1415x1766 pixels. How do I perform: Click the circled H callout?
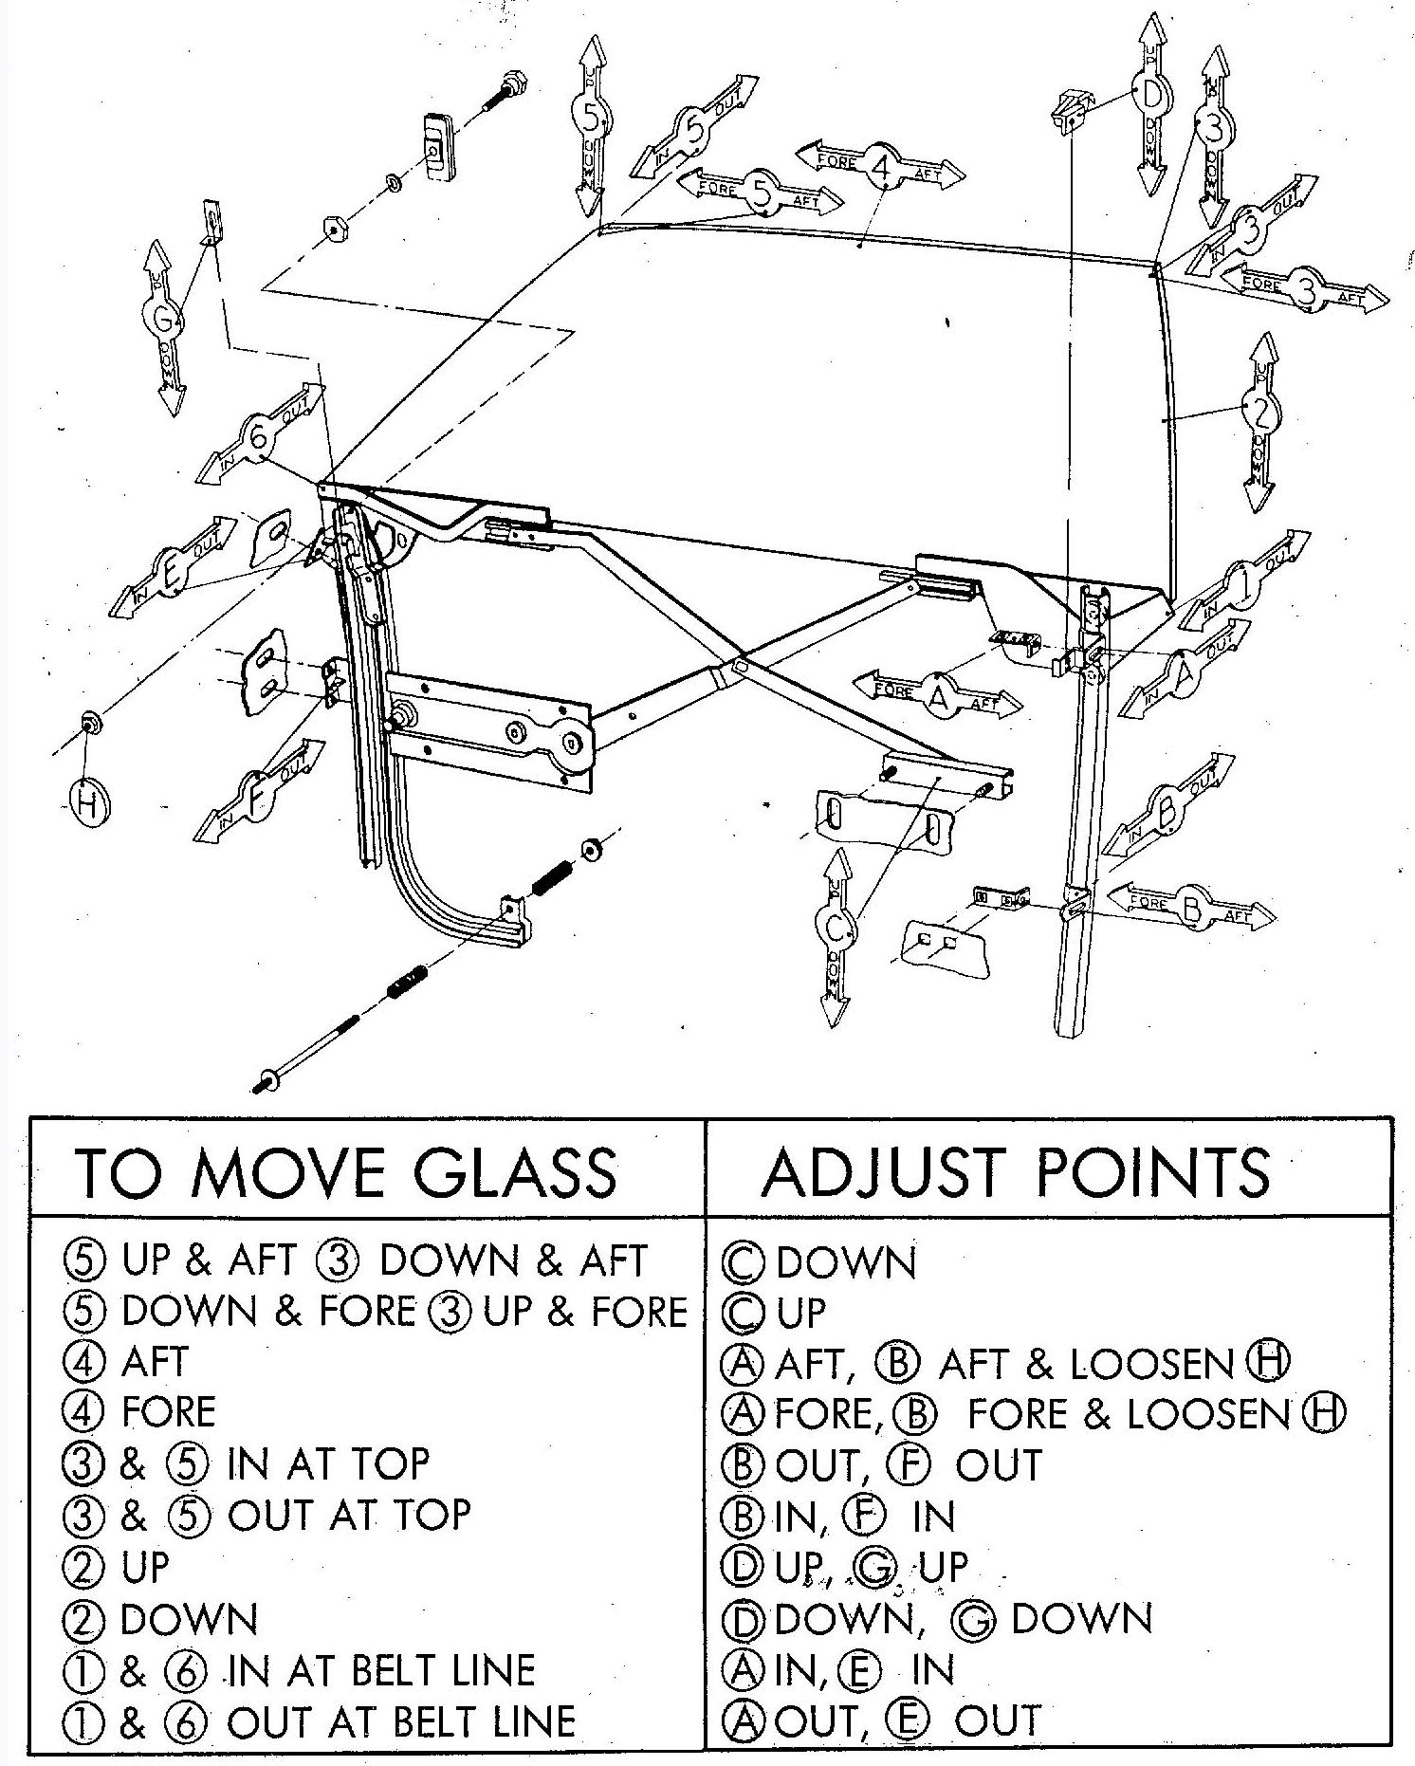click(x=87, y=804)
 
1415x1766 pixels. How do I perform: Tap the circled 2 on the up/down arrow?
click(x=1259, y=412)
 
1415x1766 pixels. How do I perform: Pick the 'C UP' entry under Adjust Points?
click(x=775, y=1313)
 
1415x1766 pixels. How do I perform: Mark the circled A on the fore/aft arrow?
click(x=939, y=694)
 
